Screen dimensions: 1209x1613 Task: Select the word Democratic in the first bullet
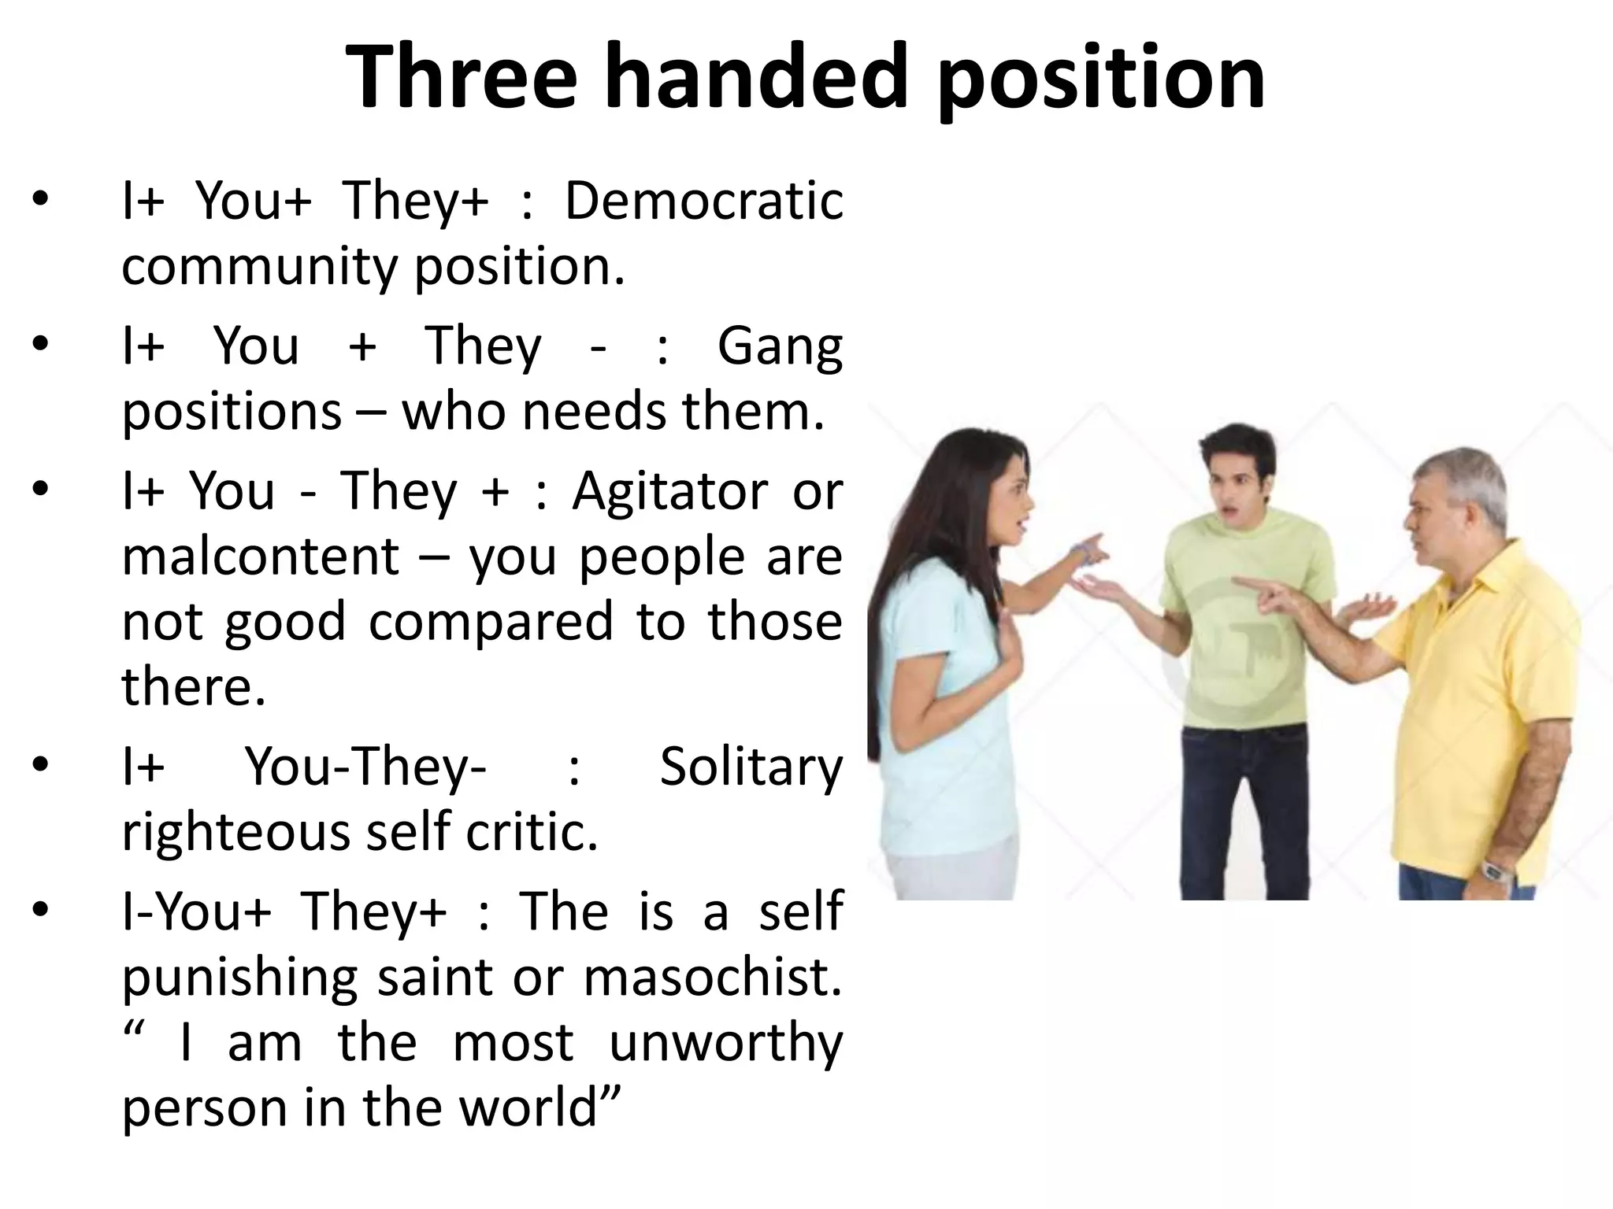[x=703, y=201]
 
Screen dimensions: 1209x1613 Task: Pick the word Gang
[x=779, y=346]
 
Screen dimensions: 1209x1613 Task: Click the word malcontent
[x=261, y=556]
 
